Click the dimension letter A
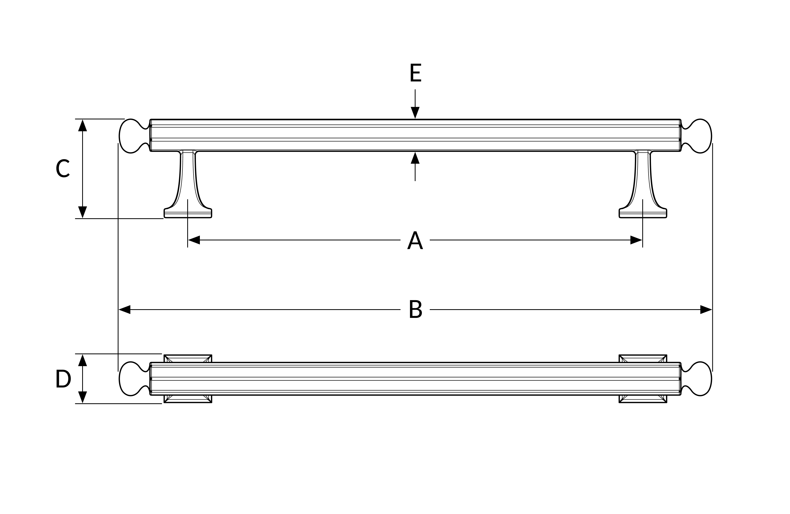415,240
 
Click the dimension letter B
416,309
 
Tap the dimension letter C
63,168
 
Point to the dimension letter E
416,72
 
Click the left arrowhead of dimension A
194,240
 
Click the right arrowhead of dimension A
636,240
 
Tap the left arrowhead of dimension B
125,309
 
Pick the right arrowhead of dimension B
706,309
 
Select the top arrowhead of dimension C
82,125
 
